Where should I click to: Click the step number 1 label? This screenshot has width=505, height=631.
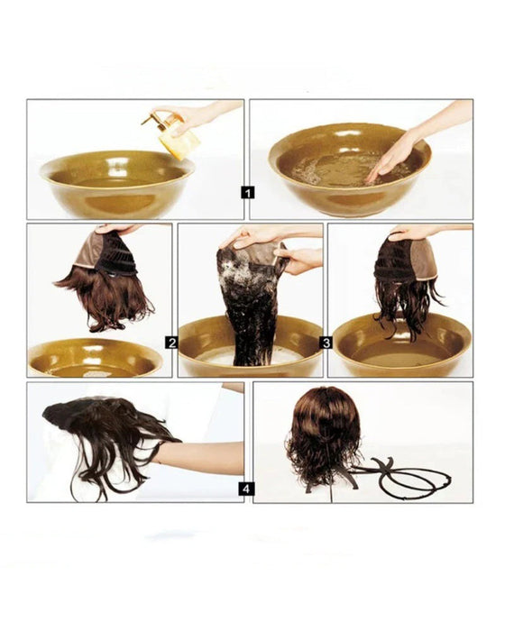pos(248,192)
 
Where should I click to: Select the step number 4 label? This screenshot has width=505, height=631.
pos(248,489)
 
